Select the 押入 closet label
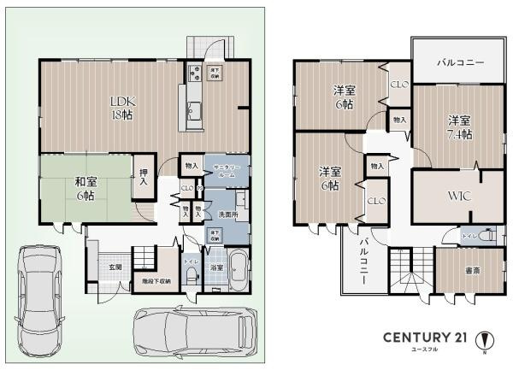click(144, 177)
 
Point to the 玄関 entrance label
click(115, 267)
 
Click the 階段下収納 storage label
click(156, 280)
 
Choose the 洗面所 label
click(227, 214)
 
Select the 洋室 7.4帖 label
click(459, 127)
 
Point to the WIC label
click(458, 196)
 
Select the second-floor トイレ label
click(469, 235)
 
